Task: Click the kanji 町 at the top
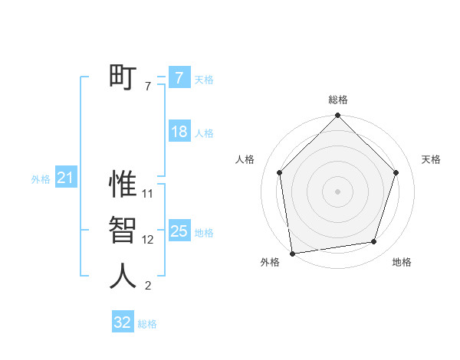tap(123, 77)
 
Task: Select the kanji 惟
tap(123, 185)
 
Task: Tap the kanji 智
tap(123, 231)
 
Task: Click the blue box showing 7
tap(179, 77)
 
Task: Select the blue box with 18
tap(179, 132)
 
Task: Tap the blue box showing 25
tap(179, 231)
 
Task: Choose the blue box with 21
tap(66, 178)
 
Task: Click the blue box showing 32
tap(123, 322)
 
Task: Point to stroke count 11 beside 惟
tap(148, 194)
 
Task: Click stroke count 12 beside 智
tap(148, 240)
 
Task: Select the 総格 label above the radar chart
tap(337, 100)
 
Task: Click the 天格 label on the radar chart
tap(431, 159)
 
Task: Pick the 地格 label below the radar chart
tap(402, 262)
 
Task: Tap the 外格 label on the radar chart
tap(270, 262)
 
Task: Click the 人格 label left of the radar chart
tap(245, 159)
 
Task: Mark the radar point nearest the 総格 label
tap(337, 116)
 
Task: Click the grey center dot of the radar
tap(337, 191)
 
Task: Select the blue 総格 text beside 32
tap(147, 324)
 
